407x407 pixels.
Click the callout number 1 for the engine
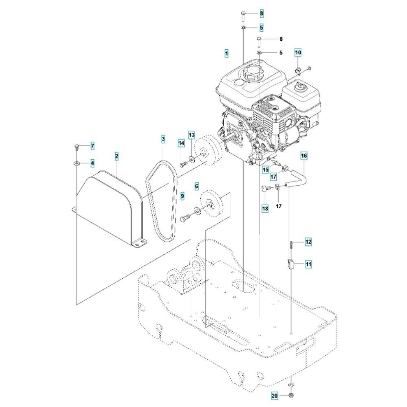click(x=226, y=53)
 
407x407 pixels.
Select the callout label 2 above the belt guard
click(x=116, y=155)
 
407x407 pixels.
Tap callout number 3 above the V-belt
click(x=163, y=139)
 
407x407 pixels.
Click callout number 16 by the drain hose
click(x=304, y=155)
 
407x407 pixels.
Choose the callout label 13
click(x=191, y=134)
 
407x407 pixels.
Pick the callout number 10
click(x=298, y=53)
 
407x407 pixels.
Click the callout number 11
click(x=308, y=264)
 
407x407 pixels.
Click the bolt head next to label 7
click(x=77, y=146)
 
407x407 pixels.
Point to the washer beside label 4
click(x=77, y=164)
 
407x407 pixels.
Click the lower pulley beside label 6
click(x=212, y=206)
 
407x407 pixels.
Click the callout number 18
click(x=265, y=208)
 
